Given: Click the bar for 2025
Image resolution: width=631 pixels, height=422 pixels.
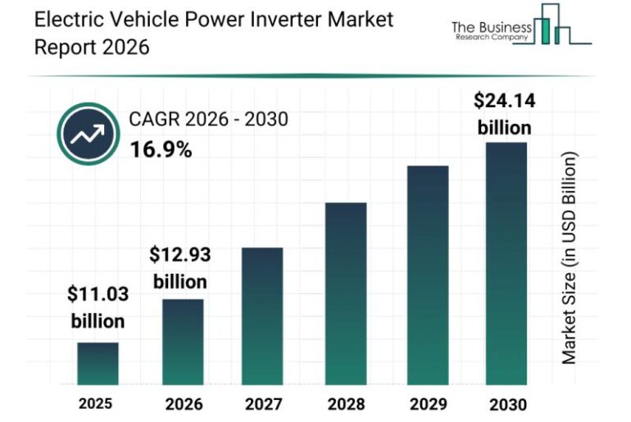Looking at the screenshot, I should tap(98, 364).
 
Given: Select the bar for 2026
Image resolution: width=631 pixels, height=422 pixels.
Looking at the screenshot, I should tap(182, 342).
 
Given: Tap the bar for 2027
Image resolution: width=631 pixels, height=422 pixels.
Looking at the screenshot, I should tap(262, 316).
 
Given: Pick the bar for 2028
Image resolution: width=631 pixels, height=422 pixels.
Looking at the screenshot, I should tap(345, 293).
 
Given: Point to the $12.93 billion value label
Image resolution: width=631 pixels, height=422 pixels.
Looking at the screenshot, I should tap(179, 268).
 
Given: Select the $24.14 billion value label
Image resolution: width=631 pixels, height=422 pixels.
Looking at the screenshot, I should tap(503, 114).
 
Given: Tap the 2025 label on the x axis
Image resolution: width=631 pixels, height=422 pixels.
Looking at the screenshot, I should tap(97, 404).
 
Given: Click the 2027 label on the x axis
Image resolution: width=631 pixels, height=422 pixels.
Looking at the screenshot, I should tap(262, 404).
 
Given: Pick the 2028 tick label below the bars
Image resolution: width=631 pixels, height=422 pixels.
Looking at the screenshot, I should tap(345, 404).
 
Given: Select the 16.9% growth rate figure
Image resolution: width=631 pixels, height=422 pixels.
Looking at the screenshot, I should tap(161, 150).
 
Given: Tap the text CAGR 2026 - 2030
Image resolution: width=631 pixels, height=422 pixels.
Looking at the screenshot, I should tap(208, 120).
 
